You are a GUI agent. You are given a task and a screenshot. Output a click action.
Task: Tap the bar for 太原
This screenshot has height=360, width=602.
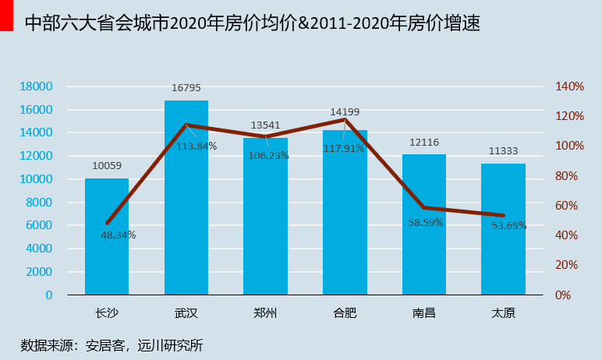tap(503, 234)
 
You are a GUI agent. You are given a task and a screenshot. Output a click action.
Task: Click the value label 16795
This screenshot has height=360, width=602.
tap(186, 88)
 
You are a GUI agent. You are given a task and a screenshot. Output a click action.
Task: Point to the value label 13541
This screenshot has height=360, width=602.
tap(265, 125)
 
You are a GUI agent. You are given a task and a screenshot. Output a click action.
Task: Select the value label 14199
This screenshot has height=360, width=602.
tap(345, 112)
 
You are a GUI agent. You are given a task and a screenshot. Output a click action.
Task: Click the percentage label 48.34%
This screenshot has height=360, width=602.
tap(119, 235)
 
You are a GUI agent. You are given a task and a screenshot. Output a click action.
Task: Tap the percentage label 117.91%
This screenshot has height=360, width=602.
tap(344, 148)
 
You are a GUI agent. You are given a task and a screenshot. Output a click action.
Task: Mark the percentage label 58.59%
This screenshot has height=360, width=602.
tap(425, 222)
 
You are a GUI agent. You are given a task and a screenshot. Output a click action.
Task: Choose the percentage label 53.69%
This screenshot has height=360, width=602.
tap(509, 226)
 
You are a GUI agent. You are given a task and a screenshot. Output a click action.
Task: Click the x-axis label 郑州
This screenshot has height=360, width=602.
tap(265, 314)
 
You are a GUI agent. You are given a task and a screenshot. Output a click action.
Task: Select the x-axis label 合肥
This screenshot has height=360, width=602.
tap(345, 314)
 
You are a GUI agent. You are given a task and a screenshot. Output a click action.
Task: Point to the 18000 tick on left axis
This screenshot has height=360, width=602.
tap(37, 86)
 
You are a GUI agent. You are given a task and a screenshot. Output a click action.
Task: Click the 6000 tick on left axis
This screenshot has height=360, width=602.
tap(41, 226)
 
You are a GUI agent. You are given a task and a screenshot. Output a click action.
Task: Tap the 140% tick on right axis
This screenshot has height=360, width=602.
tap(568, 86)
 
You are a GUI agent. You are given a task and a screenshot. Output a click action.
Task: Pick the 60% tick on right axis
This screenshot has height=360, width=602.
tap(572, 206)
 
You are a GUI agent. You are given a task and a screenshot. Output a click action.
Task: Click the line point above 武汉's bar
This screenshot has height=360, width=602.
tap(186, 125)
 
